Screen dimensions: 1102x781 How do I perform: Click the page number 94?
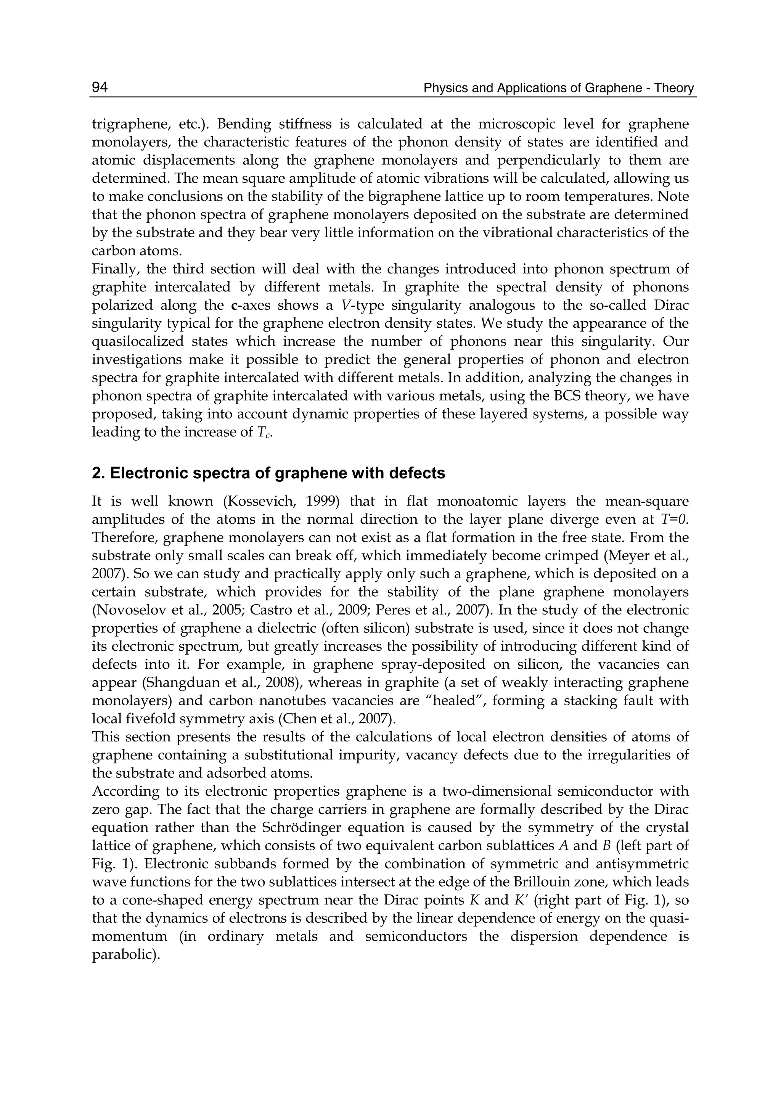click(x=100, y=87)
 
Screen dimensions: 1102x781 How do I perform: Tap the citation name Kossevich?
click(x=259, y=501)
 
